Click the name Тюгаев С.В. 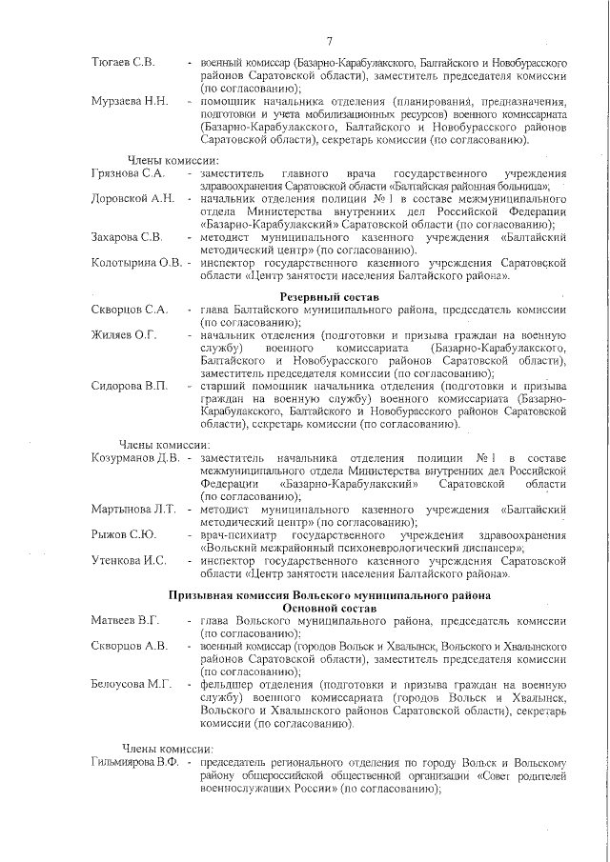pyautogui.click(x=123, y=62)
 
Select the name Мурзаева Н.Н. pyautogui.click(x=130, y=101)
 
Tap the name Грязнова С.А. pyautogui.click(x=129, y=172)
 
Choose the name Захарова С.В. pyautogui.click(x=127, y=236)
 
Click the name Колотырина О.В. pyautogui.click(x=136, y=262)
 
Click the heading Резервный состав pyautogui.click(x=331, y=297)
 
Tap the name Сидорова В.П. pyautogui.click(x=129, y=386)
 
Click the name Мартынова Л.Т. pyautogui.click(x=133, y=509)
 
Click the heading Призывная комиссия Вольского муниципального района pyautogui.click(x=331, y=595)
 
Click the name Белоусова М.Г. pyautogui.click(x=131, y=684)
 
